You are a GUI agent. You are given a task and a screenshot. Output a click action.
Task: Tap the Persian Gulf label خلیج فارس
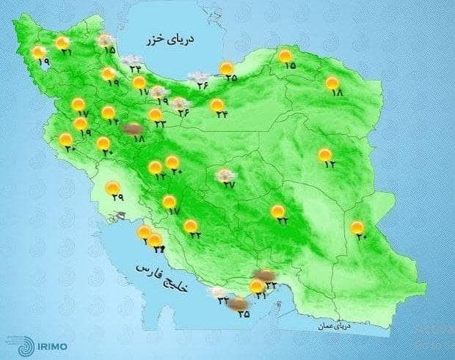tap(163, 279)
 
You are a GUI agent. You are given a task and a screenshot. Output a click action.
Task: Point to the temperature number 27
tap(229, 185)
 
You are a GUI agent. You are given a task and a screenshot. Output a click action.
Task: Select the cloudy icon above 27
tap(225, 175)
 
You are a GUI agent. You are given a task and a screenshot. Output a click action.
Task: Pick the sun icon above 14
tap(108, 112)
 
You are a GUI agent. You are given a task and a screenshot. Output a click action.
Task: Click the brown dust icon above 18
tap(132, 129)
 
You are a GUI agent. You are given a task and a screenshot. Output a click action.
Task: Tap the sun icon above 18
tap(332, 83)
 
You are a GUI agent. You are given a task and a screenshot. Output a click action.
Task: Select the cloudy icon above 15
tap(106, 40)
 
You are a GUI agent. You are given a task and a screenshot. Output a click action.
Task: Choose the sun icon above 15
tap(285, 55)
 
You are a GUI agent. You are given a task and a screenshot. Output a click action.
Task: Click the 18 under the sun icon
tap(337, 93)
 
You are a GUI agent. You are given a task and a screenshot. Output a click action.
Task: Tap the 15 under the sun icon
tap(289, 65)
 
